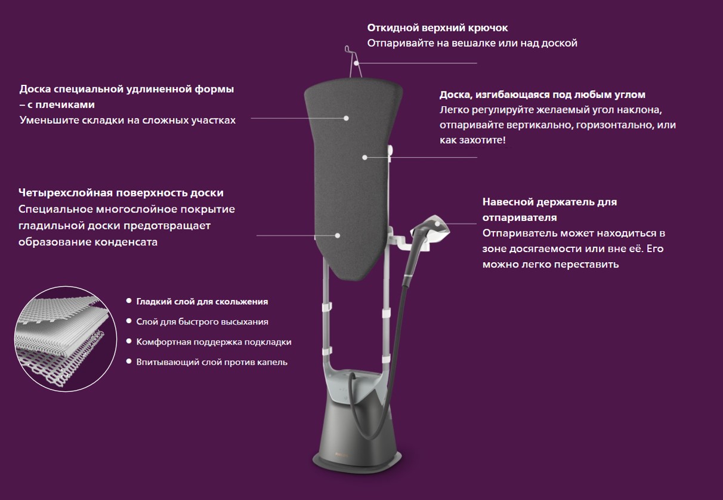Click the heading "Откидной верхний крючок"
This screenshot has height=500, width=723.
437,28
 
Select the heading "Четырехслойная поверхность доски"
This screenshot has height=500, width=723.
121,193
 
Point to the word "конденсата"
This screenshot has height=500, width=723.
125,242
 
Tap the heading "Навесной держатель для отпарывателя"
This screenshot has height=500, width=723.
549,209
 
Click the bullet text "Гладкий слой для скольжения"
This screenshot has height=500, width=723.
202,302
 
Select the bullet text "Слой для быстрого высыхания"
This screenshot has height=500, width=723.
202,322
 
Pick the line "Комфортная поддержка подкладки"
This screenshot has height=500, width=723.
214,342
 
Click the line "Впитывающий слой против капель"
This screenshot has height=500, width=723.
212,362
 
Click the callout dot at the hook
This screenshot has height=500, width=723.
356,63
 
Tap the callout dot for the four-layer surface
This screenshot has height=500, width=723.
338,235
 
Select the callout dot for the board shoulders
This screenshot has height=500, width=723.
346,118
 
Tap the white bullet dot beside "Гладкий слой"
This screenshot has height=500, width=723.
129,301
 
